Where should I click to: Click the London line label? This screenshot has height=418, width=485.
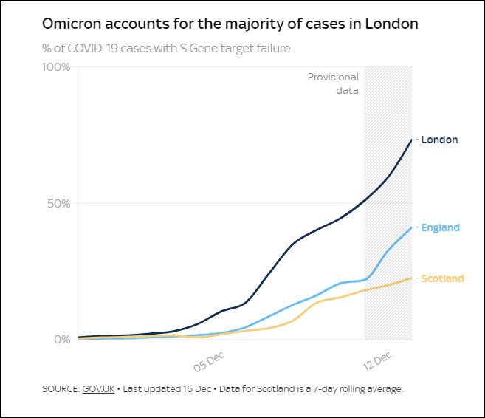click(x=440, y=140)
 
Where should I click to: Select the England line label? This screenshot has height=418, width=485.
click(x=440, y=227)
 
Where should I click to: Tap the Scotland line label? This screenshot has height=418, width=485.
click(x=442, y=278)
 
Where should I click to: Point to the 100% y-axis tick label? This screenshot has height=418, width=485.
click(x=56, y=67)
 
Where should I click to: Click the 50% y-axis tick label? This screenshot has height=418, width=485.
click(x=59, y=203)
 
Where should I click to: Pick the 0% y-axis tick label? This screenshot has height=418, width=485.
click(x=62, y=340)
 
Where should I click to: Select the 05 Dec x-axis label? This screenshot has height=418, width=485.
click(x=209, y=359)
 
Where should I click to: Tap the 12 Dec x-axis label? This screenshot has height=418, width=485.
click(x=377, y=359)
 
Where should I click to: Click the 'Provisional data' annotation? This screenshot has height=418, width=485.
click(x=333, y=83)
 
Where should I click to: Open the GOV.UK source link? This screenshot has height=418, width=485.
click(x=98, y=388)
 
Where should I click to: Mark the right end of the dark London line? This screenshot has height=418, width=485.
click(x=411, y=140)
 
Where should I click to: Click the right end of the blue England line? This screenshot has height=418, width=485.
click(x=411, y=227)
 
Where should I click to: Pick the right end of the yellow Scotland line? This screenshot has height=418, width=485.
click(x=411, y=278)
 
